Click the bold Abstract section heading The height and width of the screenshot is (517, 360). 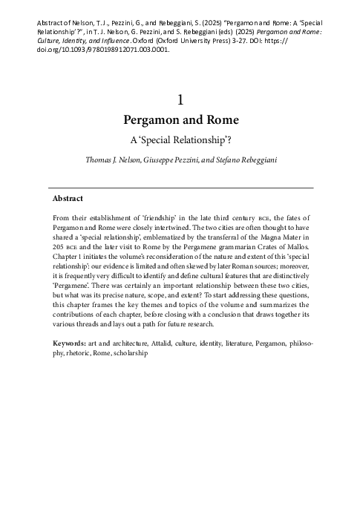coord(68,199)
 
